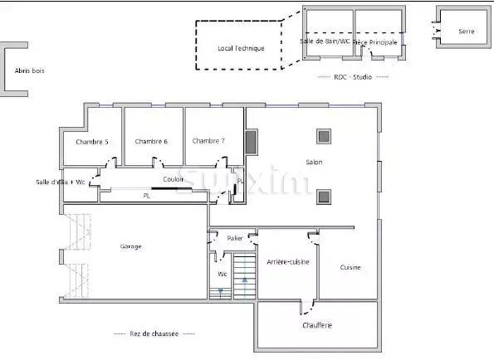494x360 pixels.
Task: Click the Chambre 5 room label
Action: coord(92,142)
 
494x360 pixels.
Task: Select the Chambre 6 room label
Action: coord(151,142)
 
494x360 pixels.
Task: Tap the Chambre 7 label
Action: coord(209,141)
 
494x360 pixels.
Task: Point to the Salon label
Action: coord(314,162)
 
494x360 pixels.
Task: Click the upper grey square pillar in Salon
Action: coord(322,136)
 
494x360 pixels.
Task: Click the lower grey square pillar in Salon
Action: coord(322,197)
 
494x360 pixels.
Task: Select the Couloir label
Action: coord(174,178)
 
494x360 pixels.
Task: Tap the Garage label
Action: coord(130,246)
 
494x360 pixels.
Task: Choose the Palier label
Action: coord(235,238)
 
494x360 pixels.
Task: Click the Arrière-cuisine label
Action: coord(287,261)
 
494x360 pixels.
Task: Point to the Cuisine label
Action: coord(350,267)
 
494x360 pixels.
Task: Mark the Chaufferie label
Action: coord(316,325)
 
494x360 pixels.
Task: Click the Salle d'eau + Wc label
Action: coord(61,182)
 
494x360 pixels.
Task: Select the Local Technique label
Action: coord(241,48)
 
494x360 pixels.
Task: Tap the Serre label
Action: coord(467,32)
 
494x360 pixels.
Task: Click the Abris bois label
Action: coord(30,71)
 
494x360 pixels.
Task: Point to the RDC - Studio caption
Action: coord(353,76)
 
